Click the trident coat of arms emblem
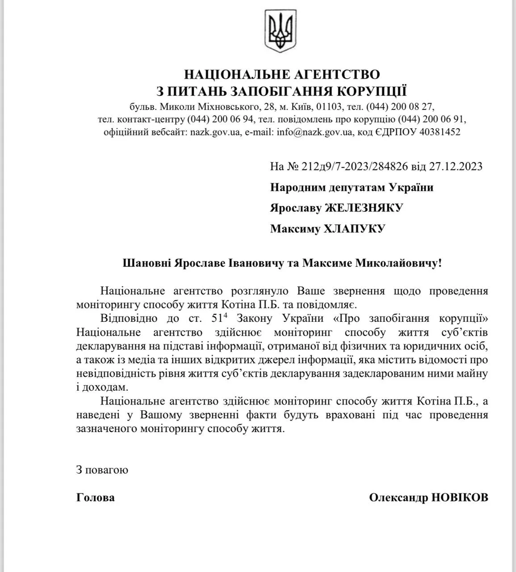[281, 30]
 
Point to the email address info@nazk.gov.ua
[315, 132]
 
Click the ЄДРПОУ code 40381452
[440, 132]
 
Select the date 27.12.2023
[456, 167]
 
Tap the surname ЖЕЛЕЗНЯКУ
[364, 208]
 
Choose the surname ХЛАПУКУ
[354, 229]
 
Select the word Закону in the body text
[253, 319]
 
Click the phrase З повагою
[102, 470]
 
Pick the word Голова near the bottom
[96, 498]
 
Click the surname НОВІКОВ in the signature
[460, 498]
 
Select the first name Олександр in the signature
[399, 498]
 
